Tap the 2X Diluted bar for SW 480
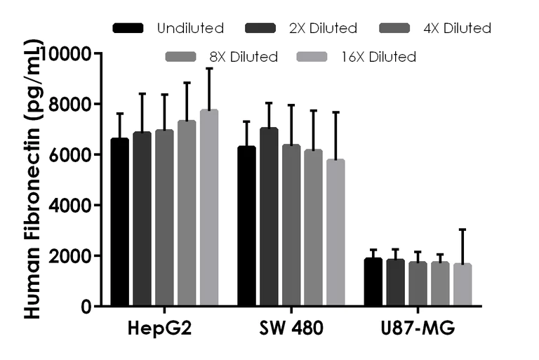(269, 218)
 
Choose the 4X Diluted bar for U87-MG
(418, 284)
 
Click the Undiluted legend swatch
(128, 29)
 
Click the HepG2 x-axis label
(163, 328)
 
